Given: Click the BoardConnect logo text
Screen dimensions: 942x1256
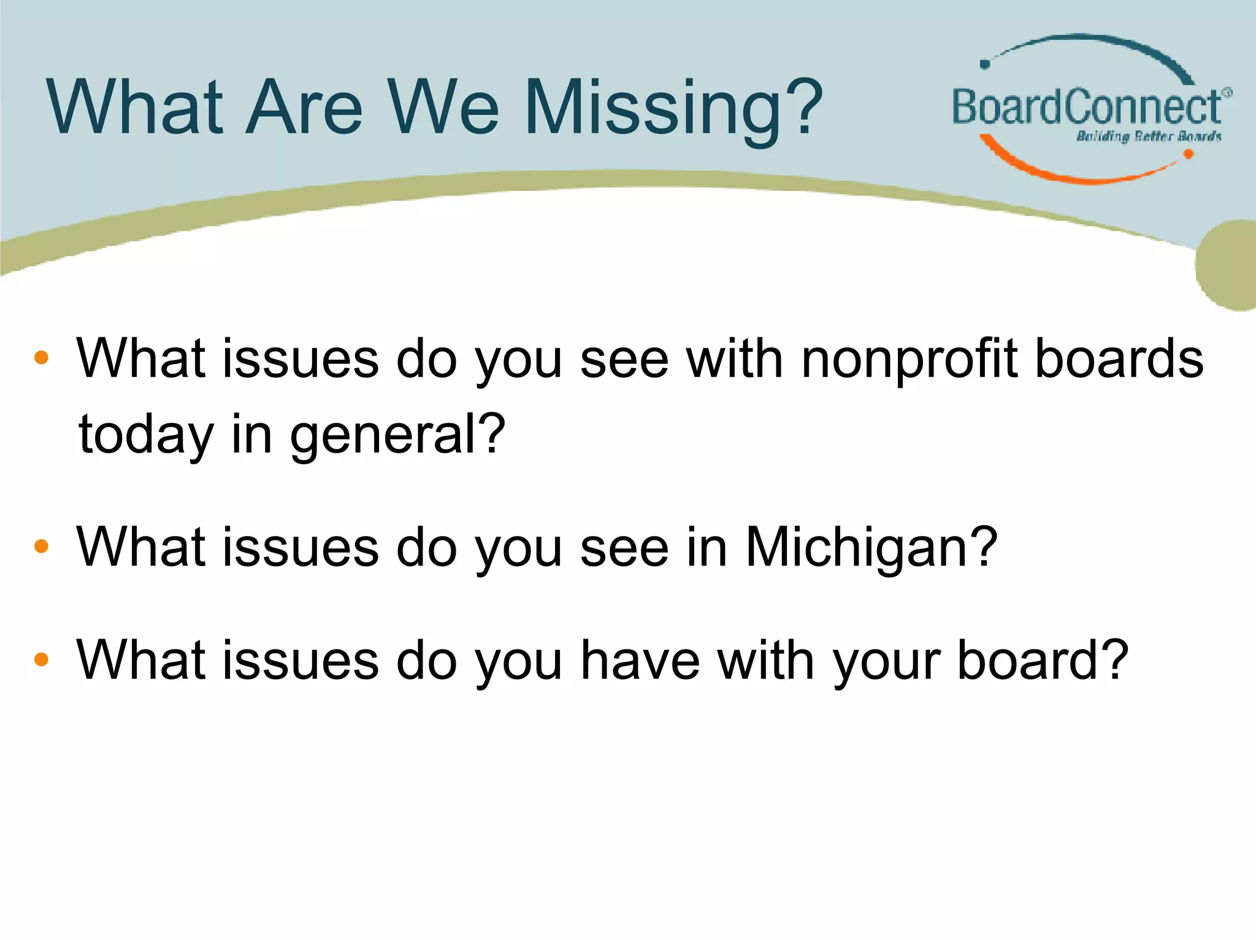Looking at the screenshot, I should (1087, 107).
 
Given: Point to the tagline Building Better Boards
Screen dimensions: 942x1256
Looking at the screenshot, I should (1149, 136).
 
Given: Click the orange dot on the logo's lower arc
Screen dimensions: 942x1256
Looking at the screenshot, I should (1188, 155).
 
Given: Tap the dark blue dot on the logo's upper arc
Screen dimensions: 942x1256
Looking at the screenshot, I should (986, 64).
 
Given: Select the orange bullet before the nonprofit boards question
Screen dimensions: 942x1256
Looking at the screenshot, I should (41, 358).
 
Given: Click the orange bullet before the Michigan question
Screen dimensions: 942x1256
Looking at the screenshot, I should (41, 546).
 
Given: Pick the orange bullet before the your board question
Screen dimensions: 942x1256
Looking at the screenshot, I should (41, 660).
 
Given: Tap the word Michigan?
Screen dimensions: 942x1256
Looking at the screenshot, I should (871, 547).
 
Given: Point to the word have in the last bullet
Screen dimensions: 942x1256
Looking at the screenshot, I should (640, 661).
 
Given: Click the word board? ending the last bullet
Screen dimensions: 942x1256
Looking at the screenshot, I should (1043, 661).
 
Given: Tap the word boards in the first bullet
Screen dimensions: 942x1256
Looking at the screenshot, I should (1119, 359).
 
